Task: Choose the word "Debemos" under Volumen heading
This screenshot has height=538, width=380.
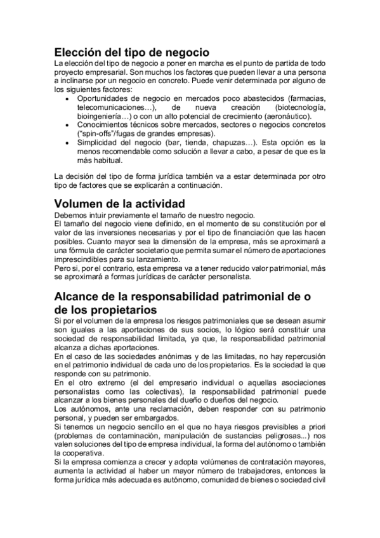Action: [x=71, y=215]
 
